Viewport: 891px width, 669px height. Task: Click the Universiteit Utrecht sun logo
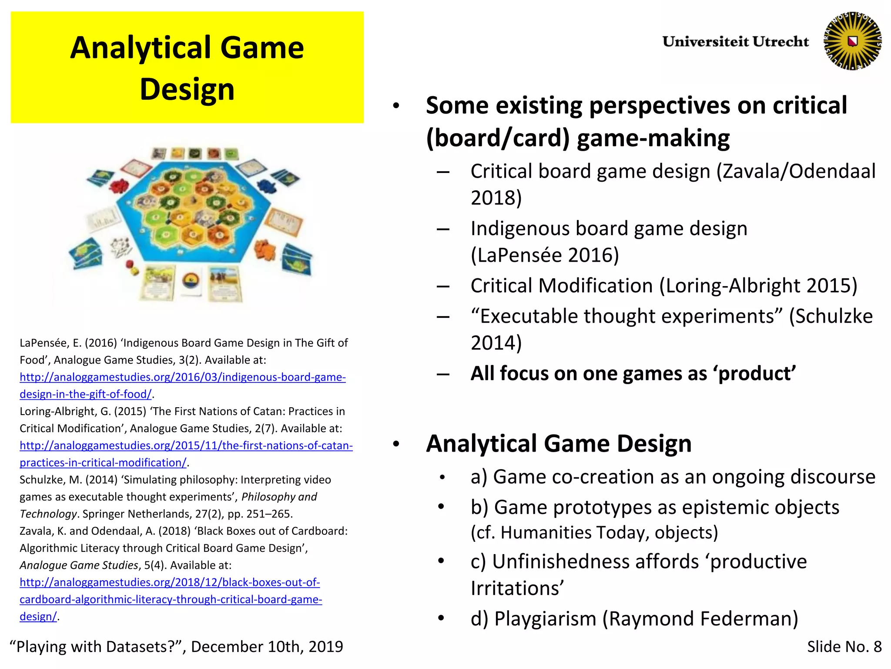click(x=852, y=41)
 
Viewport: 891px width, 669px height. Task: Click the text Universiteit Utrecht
click(x=735, y=42)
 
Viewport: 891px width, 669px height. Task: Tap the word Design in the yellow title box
click(x=187, y=89)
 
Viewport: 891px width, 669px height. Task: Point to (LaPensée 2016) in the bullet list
click(x=545, y=255)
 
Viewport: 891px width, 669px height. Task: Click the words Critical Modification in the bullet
click(x=561, y=286)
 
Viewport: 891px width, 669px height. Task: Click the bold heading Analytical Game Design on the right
click(x=559, y=444)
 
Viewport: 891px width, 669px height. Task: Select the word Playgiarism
click(x=545, y=619)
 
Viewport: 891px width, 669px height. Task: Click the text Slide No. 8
click(x=844, y=647)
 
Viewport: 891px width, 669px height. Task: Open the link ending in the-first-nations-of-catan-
click(x=186, y=446)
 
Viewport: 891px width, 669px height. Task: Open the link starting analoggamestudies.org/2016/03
click(x=183, y=377)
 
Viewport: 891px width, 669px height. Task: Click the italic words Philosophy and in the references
click(x=279, y=497)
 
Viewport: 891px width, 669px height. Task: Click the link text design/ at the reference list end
click(x=38, y=617)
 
